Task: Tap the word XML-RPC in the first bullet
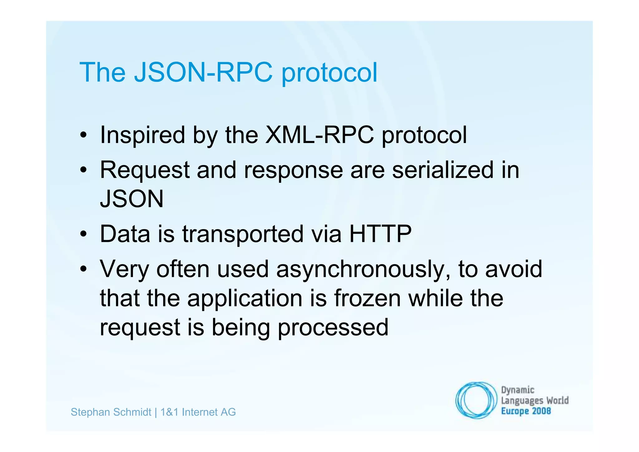(319, 135)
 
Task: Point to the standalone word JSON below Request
(132, 199)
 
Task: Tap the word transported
(243, 234)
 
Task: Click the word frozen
(367, 298)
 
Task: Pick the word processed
(333, 327)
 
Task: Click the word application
(245, 299)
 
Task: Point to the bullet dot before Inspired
(83, 135)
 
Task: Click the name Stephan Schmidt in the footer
(111, 412)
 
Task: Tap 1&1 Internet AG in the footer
(198, 412)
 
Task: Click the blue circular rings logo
(476, 400)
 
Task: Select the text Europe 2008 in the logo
(526, 411)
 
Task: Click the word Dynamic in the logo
(518, 390)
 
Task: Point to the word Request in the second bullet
(144, 171)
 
